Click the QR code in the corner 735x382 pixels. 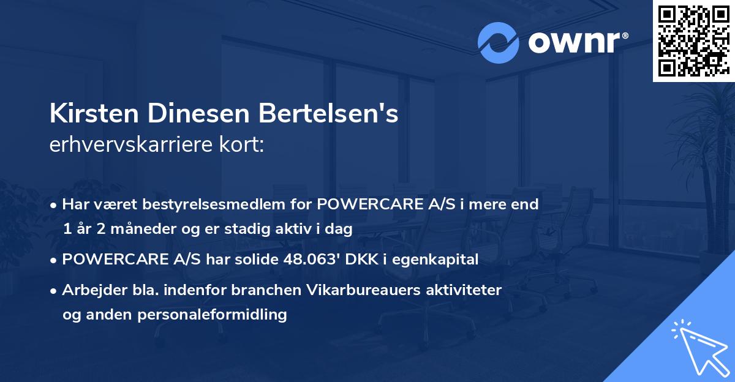(x=693, y=41)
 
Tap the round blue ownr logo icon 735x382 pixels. (x=497, y=43)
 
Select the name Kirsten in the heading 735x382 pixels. (x=91, y=114)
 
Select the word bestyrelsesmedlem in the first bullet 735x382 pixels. (x=212, y=204)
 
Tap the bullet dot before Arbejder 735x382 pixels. (x=55, y=291)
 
